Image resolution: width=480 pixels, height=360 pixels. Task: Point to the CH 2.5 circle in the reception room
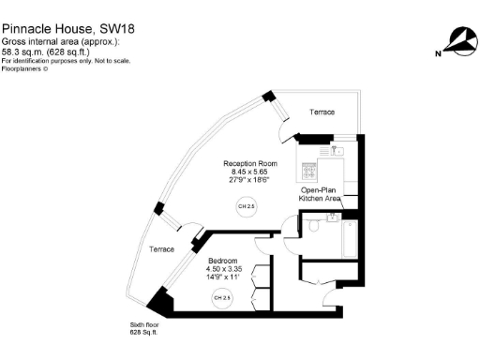[x=246, y=206]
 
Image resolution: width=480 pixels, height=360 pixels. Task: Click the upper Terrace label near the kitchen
[x=322, y=113]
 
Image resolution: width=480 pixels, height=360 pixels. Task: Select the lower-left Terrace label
[x=162, y=249]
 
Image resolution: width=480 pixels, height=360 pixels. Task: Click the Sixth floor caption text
[x=143, y=325]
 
